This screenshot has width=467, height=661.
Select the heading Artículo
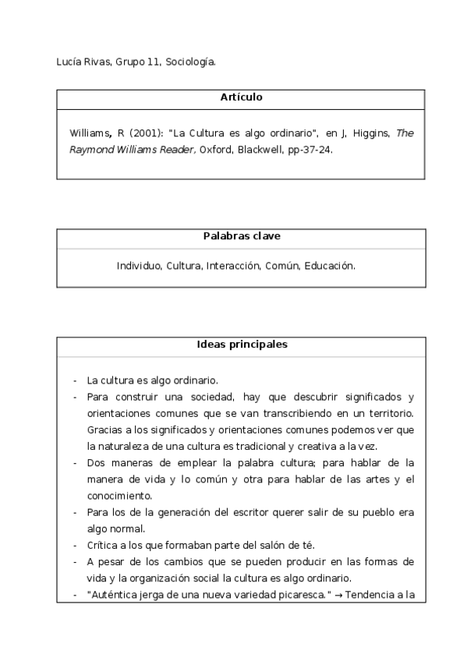click(241, 97)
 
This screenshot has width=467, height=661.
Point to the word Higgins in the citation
click(371, 133)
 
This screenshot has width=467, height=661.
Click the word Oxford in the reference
click(216, 150)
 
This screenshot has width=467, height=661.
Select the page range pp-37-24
click(310, 150)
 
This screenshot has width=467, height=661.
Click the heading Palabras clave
click(241, 235)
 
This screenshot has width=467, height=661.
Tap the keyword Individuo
click(139, 266)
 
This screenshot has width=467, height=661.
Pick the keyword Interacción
click(232, 266)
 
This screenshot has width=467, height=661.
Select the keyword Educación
click(330, 266)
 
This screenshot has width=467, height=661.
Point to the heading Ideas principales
click(241, 344)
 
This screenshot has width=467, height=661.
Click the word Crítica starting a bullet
click(103, 544)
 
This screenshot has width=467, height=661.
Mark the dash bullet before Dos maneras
click(75, 462)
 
